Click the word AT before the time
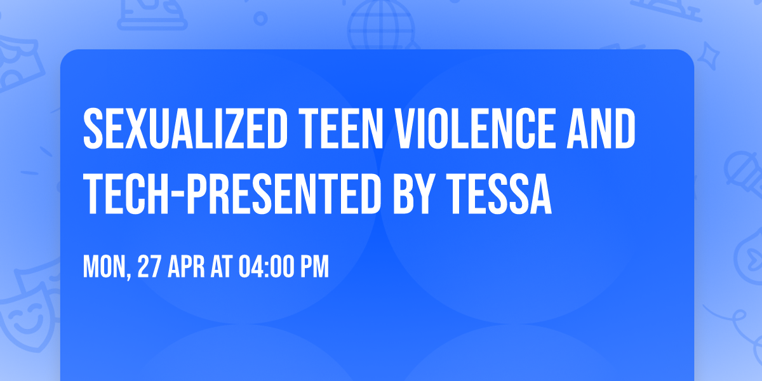click(224, 267)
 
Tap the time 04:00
click(266, 267)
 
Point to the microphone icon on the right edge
click(741, 170)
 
